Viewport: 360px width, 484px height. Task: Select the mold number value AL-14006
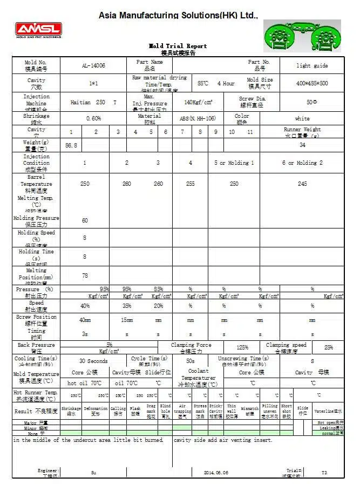pos(93,65)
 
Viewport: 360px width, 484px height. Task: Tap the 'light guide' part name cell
pos(311,65)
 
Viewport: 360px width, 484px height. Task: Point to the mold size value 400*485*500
pos(312,83)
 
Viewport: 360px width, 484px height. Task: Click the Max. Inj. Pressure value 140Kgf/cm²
pos(198,102)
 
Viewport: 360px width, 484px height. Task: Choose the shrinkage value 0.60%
pos(93,118)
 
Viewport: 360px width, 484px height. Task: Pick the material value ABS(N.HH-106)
pos(198,118)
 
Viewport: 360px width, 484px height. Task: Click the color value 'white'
pos(302,118)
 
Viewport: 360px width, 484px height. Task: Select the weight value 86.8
pos(71,145)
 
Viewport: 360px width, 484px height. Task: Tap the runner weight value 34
pos(302,145)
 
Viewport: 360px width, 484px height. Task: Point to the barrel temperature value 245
pos(302,184)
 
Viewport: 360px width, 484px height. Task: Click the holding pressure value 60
pos(85,220)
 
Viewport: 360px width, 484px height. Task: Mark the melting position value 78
pos(85,275)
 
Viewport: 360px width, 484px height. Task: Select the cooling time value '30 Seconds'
pos(93,361)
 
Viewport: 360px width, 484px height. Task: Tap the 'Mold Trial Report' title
pos(178,46)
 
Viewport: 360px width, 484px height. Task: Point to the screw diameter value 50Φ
pos(311,102)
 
